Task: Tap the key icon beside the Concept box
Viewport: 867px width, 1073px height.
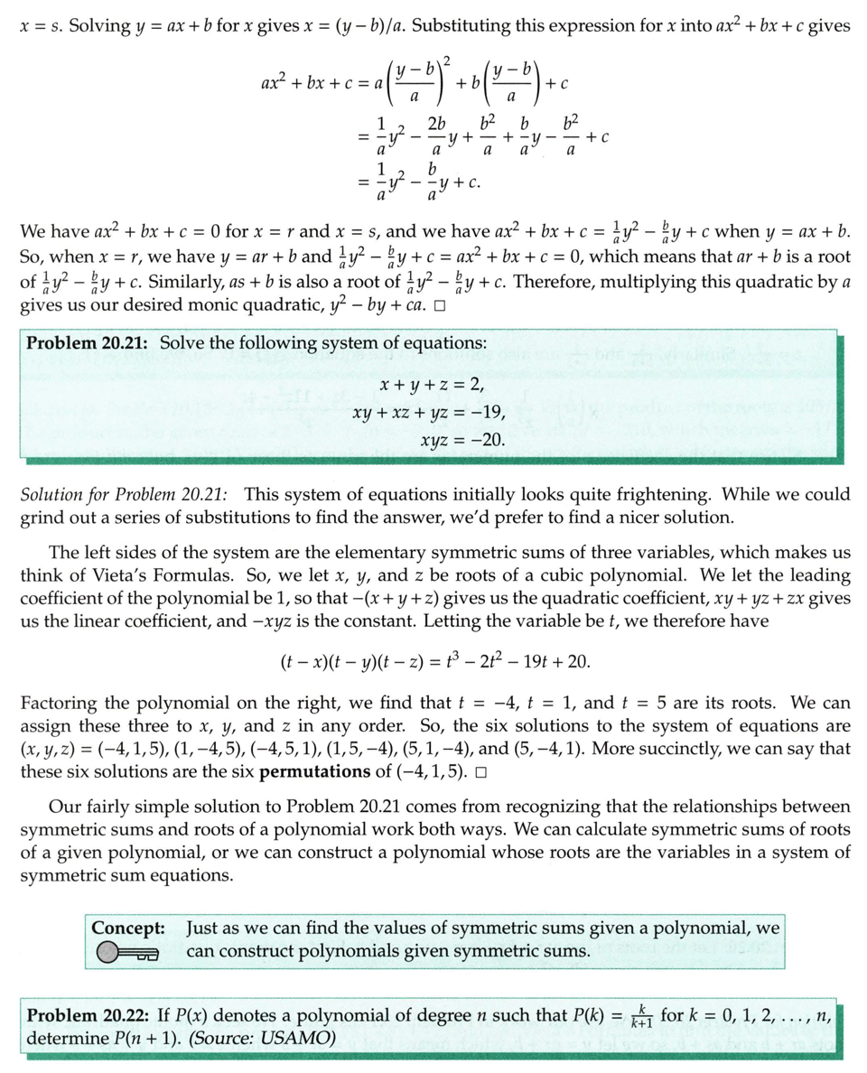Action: coord(127,952)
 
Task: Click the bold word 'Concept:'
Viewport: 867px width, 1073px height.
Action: coord(128,928)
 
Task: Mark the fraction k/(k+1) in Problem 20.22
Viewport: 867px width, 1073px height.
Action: coord(641,1014)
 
